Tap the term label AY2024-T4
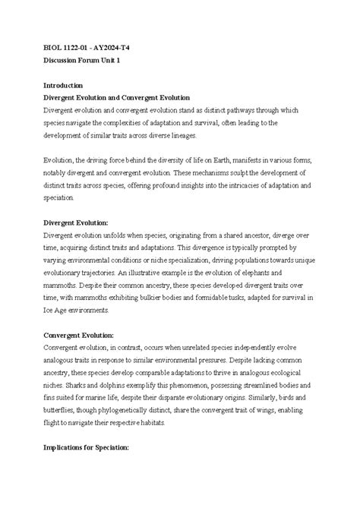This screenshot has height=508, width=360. click(109, 47)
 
